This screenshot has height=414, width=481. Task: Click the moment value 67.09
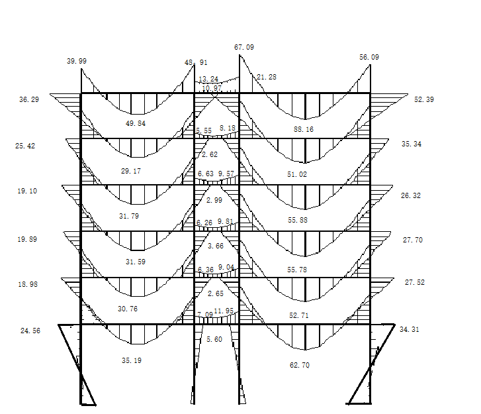[243, 48]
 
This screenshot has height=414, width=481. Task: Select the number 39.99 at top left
[77, 61]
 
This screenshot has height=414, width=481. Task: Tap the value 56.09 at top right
[369, 58]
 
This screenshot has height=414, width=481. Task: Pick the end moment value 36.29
[29, 99]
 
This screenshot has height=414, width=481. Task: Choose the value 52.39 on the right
[423, 99]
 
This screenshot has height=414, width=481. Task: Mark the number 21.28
[267, 78]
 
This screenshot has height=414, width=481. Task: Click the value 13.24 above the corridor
[208, 79]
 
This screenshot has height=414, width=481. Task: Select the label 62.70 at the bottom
[299, 365]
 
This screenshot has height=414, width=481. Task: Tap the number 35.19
[131, 361]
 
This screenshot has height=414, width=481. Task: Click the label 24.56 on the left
[30, 331]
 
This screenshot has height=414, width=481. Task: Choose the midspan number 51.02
[297, 174]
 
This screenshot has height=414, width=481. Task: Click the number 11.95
[226, 311]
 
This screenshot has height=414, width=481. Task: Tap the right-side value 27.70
[412, 240]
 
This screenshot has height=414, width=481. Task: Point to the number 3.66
[216, 246]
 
